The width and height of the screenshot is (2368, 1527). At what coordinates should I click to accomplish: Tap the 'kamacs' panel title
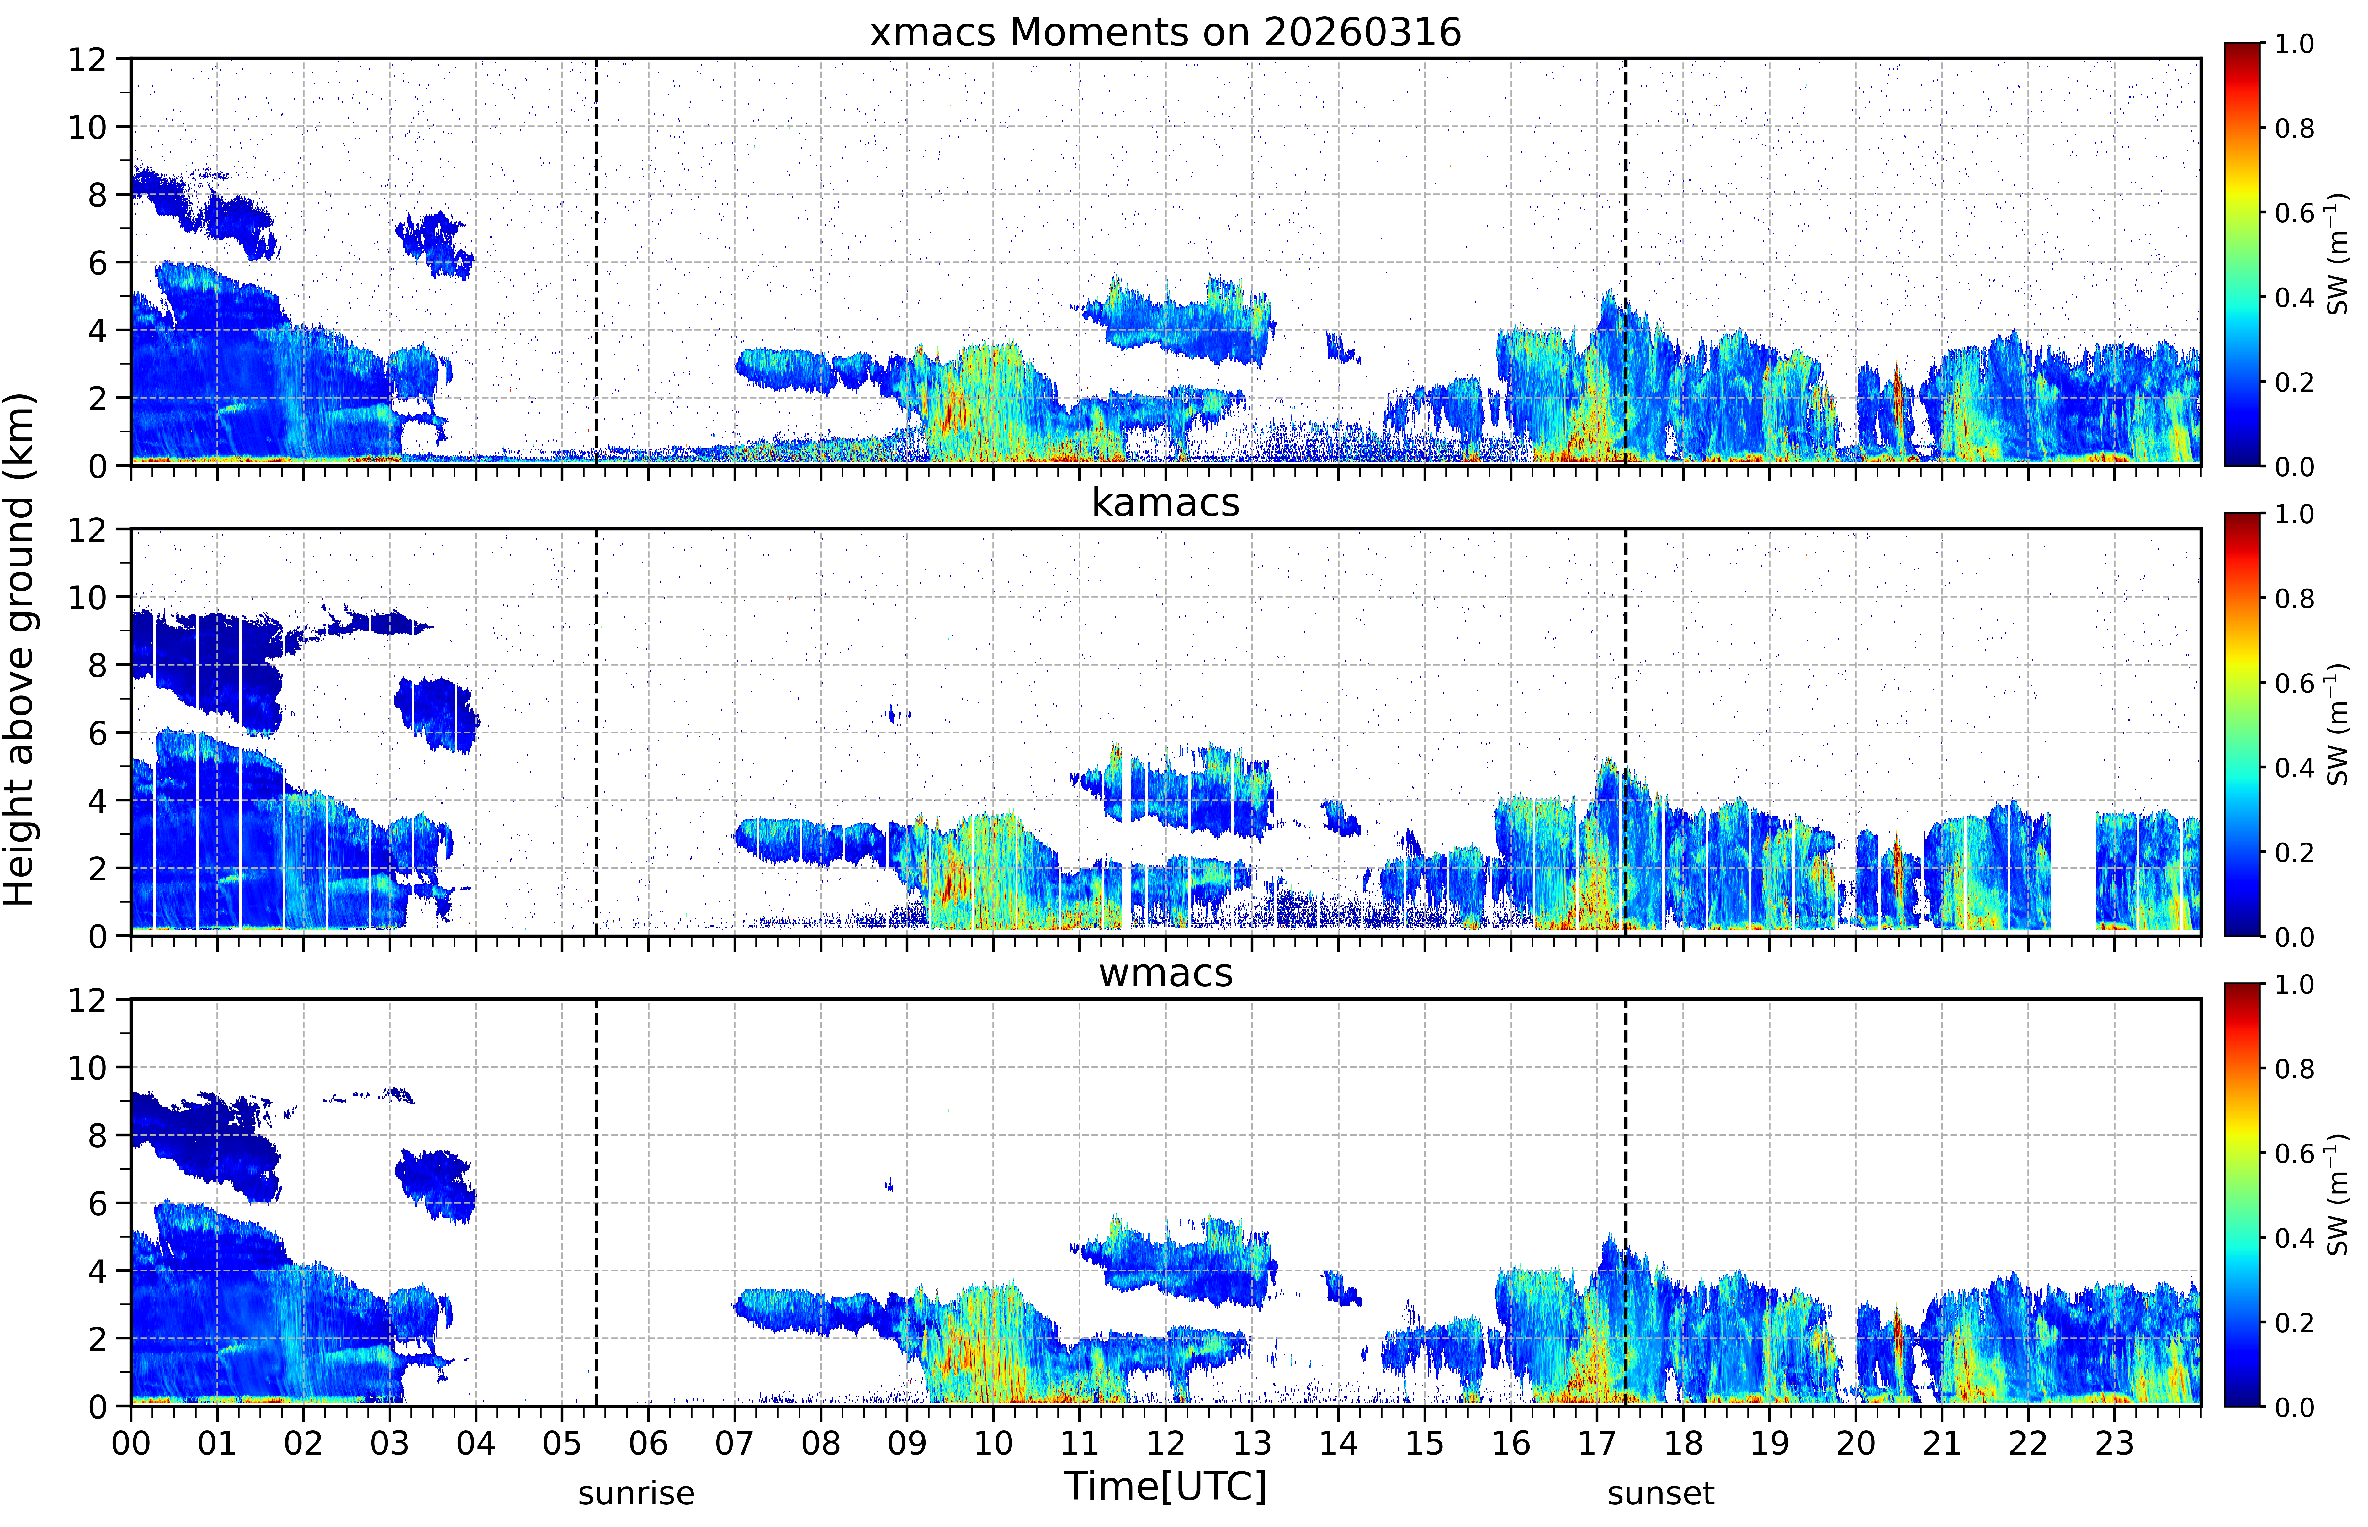pos(1165,503)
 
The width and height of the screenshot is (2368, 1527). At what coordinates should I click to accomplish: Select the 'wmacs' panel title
pos(1165,973)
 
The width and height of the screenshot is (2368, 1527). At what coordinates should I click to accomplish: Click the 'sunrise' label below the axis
pos(637,1493)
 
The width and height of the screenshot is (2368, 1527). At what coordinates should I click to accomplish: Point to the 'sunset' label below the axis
pos(1661,1493)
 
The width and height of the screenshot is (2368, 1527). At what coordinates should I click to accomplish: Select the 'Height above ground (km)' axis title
pos(20,649)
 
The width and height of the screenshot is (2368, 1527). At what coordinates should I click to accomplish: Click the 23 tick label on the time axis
pos(2114,1443)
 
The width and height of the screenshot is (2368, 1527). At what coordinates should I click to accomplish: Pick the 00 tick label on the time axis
pos(131,1443)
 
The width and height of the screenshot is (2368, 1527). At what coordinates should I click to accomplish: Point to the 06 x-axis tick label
pos(649,1443)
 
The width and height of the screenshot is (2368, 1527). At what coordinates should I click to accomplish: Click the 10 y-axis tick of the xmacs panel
pos(87,127)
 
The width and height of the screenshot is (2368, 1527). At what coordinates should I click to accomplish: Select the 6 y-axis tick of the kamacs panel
pos(97,734)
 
